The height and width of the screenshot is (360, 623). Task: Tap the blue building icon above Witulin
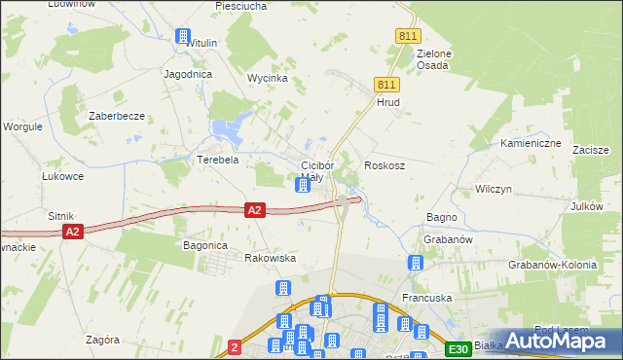[x=182, y=37]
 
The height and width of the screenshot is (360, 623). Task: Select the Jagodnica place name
[x=189, y=74]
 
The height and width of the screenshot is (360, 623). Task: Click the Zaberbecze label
[x=117, y=116]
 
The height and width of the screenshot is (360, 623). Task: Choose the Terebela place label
[x=218, y=160]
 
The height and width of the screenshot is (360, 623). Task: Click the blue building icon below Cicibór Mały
[x=304, y=184]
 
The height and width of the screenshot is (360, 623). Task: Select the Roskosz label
[x=385, y=165]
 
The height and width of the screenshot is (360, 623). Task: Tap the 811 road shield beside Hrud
[x=385, y=86]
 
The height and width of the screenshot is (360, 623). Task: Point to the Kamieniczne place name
[x=531, y=143]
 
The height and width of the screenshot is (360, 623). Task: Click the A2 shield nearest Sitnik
[x=72, y=232]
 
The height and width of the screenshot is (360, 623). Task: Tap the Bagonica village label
[x=205, y=246]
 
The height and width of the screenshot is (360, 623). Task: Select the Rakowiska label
[x=270, y=258]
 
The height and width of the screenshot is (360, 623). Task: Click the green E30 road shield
[x=458, y=348]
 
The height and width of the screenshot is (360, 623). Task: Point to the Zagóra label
[x=102, y=340]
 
